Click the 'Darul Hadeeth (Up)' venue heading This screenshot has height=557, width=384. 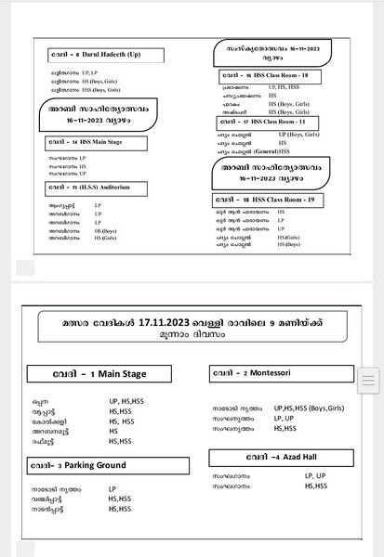point(111,55)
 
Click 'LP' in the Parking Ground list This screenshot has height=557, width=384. point(113,488)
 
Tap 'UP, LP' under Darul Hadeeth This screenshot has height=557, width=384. point(88,71)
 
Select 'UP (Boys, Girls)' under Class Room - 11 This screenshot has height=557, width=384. point(290,135)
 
